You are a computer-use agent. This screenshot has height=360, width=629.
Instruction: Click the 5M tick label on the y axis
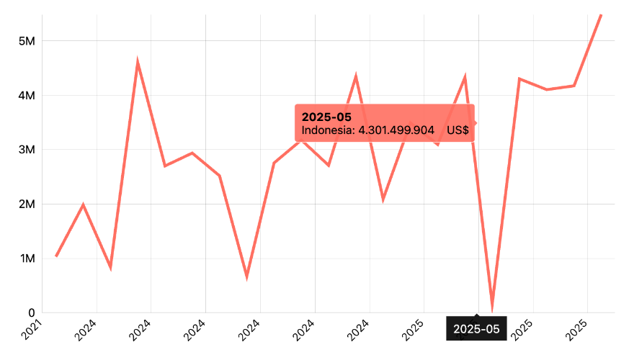pos(26,41)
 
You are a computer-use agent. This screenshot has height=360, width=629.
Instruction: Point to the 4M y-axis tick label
pos(26,95)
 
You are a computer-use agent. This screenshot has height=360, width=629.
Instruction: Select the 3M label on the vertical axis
pos(26,150)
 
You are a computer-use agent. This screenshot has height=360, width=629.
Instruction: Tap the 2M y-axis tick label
pos(26,204)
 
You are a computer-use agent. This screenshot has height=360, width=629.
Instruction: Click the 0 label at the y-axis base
pos(32,312)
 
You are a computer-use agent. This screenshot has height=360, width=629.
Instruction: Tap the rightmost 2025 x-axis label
pos(580,331)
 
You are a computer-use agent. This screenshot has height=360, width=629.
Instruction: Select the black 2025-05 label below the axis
pos(476,328)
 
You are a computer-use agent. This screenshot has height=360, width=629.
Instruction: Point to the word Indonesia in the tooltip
pos(328,130)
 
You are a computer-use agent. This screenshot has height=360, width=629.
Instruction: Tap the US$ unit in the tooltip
pos(458,130)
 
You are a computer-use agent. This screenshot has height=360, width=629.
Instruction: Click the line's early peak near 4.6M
pos(138,63)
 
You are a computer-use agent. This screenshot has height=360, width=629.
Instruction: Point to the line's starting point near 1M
pos(55,256)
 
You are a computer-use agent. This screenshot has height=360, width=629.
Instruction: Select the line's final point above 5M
pos(601,14)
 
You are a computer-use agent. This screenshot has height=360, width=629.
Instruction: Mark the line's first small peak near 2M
pos(83,205)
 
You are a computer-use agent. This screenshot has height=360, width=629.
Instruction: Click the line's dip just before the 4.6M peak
pos(110,267)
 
